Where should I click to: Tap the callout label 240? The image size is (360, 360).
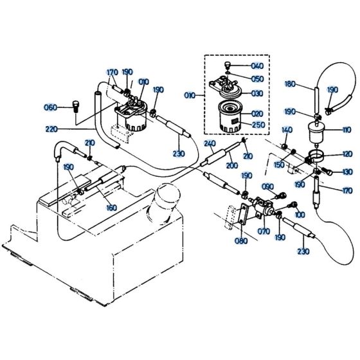pos(210,143)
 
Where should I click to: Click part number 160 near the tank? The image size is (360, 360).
pos(111,208)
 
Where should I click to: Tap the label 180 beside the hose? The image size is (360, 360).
pos(290,84)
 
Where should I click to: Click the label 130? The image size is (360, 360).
pos(348,172)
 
